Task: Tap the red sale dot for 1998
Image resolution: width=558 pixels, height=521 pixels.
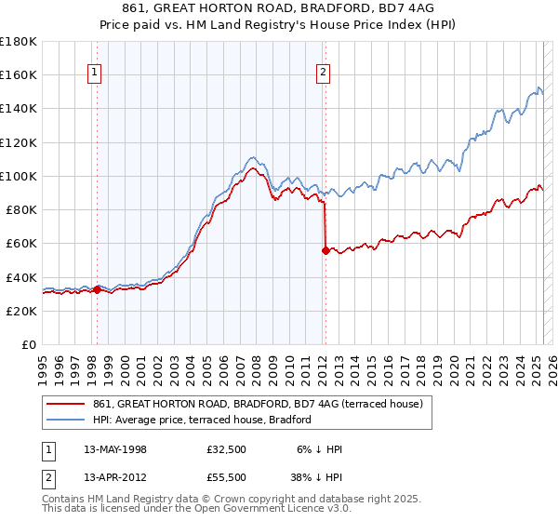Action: click(x=97, y=289)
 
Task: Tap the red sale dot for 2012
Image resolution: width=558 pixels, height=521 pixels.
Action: click(x=325, y=250)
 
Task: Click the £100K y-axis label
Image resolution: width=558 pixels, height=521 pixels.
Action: click(x=19, y=176)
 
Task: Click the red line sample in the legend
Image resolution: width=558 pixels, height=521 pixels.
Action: click(x=66, y=404)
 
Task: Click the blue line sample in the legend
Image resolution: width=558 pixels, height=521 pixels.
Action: click(x=66, y=421)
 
